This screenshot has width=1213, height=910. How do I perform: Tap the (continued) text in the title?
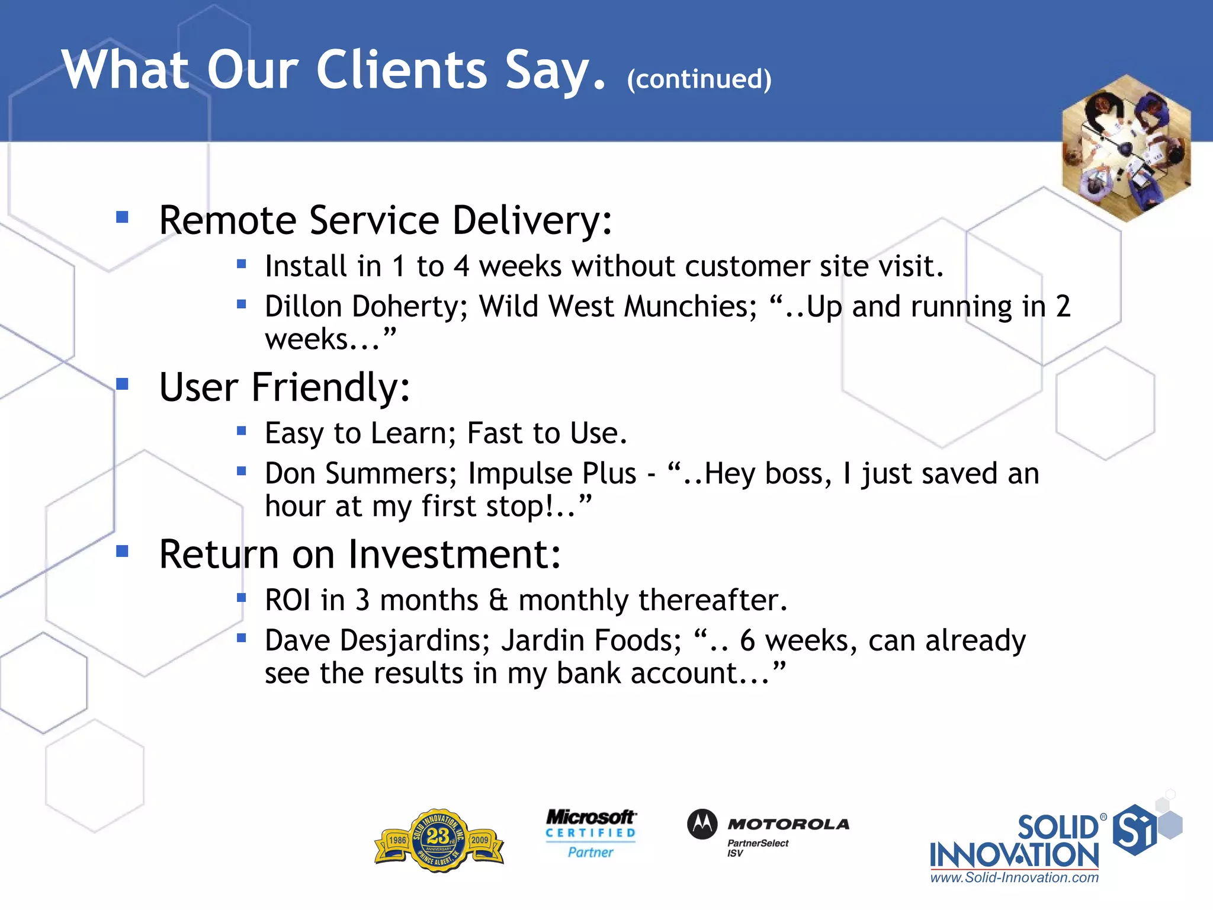click(699, 79)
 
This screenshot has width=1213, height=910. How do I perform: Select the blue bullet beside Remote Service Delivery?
click(123, 217)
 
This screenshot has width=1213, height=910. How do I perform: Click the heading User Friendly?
click(284, 387)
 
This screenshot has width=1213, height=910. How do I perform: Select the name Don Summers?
click(360, 474)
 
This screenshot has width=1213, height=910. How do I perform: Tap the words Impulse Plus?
click(552, 474)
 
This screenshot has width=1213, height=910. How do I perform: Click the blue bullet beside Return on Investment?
click(123, 552)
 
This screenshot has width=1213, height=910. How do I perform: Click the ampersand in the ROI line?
click(498, 600)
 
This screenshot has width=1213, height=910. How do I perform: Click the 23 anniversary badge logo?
click(439, 840)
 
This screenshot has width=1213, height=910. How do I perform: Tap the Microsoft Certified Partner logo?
click(591, 834)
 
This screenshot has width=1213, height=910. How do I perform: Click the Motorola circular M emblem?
click(702, 824)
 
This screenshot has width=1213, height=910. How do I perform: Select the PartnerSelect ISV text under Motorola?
click(757, 848)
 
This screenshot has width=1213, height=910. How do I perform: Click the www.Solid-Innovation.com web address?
click(1014, 878)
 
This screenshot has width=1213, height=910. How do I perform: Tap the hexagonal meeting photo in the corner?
click(1126, 148)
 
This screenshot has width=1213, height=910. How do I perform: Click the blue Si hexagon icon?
click(1134, 829)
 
